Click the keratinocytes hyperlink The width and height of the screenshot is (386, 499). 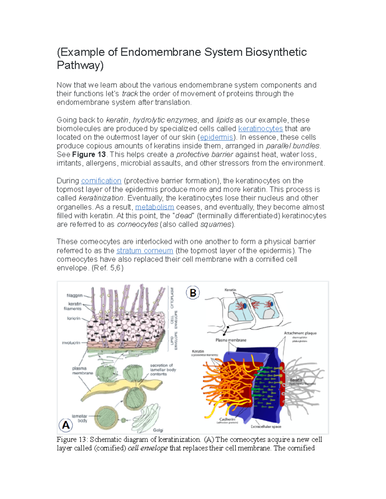pyautogui.click(x=260, y=129)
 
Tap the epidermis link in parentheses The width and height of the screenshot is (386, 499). pyautogui.click(x=216, y=138)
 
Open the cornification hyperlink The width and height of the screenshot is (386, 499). pyautogui.click(x=101, y=181)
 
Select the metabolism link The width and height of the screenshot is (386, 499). pyautogui.click(x=154, y=207)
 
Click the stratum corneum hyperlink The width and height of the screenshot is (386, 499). pyautogui.click(x=144, y=251)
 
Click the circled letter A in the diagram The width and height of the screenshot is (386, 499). pyautogui.click(x=66, y=425)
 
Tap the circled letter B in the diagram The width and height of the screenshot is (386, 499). pyautogui.click(x=193, y=293)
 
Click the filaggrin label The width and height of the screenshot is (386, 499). pyautogui.click(x=74, y=295)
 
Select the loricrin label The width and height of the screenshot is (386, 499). pyautogui.click(x=73, y=318)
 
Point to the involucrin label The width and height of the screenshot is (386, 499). pyautogui.click(x=71, y=343)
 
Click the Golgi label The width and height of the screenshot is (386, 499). pyautogui.click(x=158, y=430)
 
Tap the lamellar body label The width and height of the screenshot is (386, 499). pyautogui.click(x=79, y=418)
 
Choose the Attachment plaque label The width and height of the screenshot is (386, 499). pyautogui.click(x=300, y=333)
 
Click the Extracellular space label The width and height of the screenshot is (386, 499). pyautogui.click(x=266, y=427)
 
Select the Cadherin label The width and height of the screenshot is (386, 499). pyautogui.click(x=227, y=419)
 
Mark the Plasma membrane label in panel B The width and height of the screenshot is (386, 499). pyautogui.click(x=231, y=340)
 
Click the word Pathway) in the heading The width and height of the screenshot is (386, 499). pyautogui.click(x=80, y=65)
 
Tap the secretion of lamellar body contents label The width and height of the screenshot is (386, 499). pyautogui.click(x=163, y=370)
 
